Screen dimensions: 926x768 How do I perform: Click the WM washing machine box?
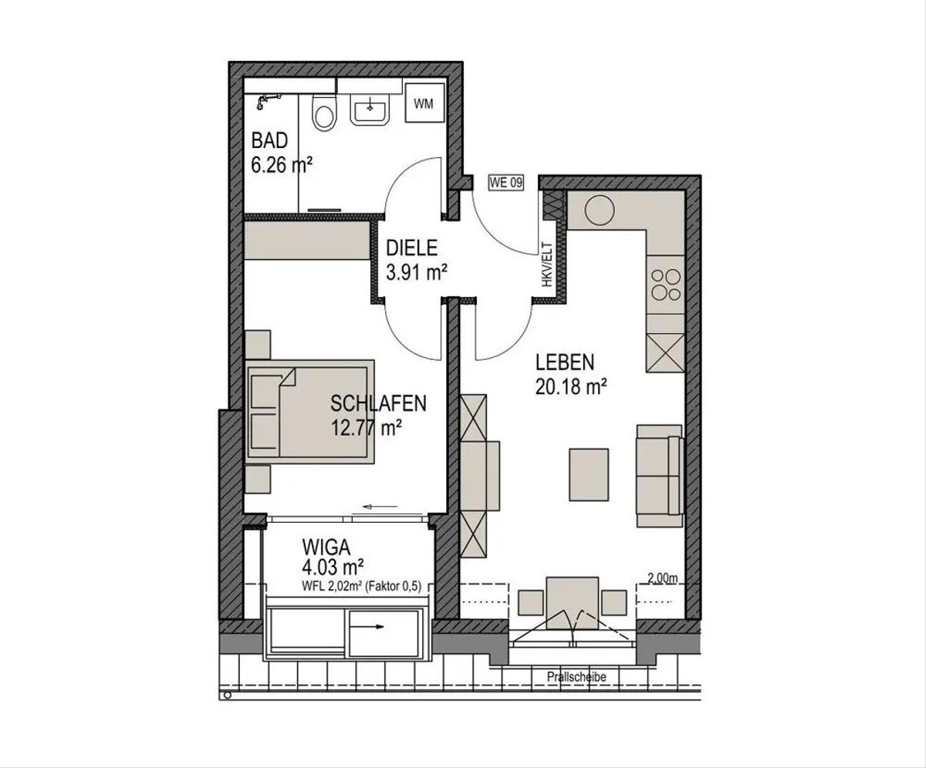coord(424,103)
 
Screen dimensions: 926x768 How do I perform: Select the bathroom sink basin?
coord(370,111)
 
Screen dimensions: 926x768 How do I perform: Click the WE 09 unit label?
coord(506,183)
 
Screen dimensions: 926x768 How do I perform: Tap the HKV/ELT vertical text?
coord(547,264)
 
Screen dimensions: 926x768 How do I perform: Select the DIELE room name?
coord(412,248)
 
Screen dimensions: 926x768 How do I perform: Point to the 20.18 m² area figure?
coord(571,387)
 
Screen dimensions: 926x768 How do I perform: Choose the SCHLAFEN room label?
coord(378,403)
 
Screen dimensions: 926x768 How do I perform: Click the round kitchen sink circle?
coord(600,211)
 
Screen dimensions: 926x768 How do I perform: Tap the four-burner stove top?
coord(666,285)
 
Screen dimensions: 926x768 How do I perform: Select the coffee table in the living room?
coord(589,475)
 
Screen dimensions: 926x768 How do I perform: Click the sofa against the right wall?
coord(660,476)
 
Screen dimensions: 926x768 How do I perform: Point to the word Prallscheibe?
coord(576,677)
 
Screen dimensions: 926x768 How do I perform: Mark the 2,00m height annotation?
coord(663,578)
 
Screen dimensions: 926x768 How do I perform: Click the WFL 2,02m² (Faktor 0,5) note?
coord(361,586)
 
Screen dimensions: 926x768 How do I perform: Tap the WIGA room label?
coord(326,547)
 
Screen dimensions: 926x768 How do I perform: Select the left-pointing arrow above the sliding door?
coord(380,507)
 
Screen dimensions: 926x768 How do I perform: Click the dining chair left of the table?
coord(530,602)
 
